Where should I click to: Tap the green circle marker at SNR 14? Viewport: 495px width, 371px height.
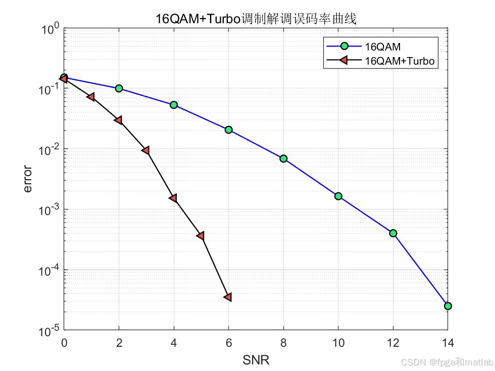point(448,306)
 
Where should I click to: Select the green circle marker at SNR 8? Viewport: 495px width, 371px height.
point(283,158)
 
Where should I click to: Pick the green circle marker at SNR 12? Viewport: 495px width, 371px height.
point(393,233)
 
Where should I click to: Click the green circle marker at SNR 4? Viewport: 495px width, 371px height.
point(174,105)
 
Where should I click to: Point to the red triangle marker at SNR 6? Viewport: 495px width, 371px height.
point(228,297)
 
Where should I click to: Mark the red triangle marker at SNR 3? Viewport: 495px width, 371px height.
point(145,150)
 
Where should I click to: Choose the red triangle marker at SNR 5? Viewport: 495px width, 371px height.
point(201,236)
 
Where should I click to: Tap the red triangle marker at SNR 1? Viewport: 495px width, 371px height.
point(91,96)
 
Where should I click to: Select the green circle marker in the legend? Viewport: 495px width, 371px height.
point(344,46)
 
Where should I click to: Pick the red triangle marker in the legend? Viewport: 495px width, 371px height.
point(344,61)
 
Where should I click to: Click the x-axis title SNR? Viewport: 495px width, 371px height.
point(256,360)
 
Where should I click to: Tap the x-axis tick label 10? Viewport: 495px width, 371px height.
point(338,343)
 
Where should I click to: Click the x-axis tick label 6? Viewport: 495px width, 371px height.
point(228,343)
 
